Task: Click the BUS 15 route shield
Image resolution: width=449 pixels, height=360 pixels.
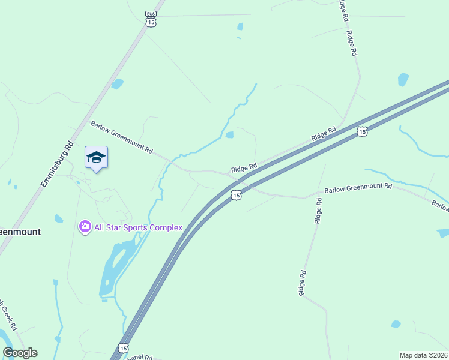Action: (151, 18)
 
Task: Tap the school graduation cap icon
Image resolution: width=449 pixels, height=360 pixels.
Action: (96, 158)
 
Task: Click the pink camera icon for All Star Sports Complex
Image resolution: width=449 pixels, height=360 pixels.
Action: (85, 227)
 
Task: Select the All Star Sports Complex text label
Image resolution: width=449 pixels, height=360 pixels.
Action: (138, 227)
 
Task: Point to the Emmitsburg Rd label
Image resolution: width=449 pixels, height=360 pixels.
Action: (58, 164)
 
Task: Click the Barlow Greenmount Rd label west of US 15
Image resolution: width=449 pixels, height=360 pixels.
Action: (122, 137)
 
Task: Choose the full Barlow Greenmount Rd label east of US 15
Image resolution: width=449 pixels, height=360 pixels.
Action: (358, 188)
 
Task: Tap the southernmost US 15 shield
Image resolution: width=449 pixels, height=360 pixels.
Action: (123, 348)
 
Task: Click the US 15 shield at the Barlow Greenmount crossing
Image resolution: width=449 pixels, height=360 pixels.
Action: (237, 195)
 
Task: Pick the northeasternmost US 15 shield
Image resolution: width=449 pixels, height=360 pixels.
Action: (361, 131)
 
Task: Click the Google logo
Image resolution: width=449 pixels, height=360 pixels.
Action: (20, 353)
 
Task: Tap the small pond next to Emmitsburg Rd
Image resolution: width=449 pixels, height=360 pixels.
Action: (117, 84)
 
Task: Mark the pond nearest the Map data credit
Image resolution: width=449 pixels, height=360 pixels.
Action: (396, 324)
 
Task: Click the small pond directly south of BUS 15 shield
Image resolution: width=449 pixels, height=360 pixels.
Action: (240, 26)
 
